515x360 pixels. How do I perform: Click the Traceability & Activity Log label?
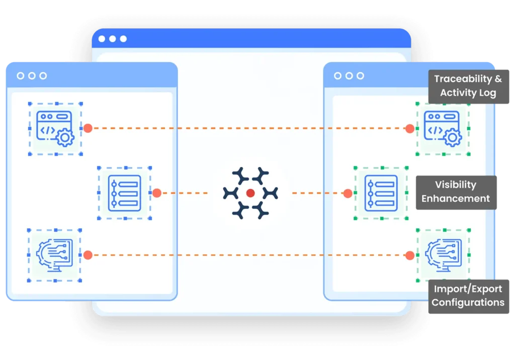click(468, 86)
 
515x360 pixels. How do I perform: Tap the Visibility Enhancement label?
click(456, 192)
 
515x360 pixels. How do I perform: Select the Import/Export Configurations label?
click(468, 296)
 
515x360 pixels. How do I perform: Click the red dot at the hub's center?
click(250, 193)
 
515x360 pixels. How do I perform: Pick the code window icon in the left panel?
click(55, 128)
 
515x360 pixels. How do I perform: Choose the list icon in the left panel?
click(125, 193)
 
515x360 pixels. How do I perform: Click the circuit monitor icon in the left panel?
click(54, 255)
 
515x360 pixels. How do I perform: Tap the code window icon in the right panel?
click(443, 128)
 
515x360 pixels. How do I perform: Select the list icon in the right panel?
click(381, 193)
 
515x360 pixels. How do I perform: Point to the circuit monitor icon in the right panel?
click(444, 255)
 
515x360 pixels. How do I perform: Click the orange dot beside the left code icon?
click(88, 128)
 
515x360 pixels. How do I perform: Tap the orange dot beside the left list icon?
click(157, 193)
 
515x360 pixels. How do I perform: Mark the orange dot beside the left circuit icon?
click(88, 255)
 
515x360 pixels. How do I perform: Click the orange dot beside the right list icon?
click(348, 194)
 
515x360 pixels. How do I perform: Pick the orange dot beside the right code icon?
click(409, 128)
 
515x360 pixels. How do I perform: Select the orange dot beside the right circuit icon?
click(409, 255)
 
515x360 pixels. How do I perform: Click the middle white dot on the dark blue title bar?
click(113, 39)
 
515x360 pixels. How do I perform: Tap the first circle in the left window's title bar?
click(20, 76)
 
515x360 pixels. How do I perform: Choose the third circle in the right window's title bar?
click(360, 76)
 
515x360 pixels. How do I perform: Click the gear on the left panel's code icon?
click(65, 138)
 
